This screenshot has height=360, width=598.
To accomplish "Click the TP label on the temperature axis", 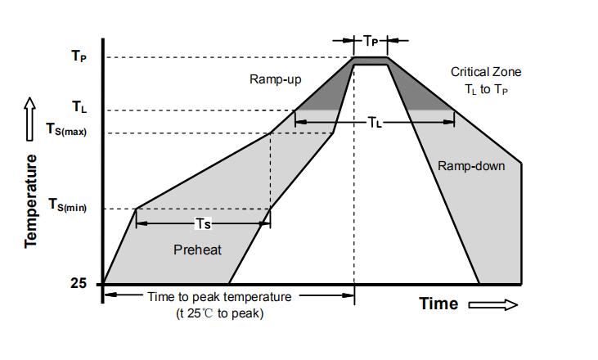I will coord(79,57).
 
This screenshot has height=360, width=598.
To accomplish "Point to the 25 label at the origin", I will coord(78,284).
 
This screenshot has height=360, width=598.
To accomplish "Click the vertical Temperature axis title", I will coord(31,200).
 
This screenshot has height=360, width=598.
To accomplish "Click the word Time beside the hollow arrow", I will coord(438,304).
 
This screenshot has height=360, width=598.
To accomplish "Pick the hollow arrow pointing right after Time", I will coord(494,304).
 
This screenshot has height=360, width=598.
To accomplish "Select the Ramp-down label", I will coord(471,166).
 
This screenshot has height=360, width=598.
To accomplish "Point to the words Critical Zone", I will coord(486,72).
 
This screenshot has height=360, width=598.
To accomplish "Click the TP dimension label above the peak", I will coord(371,39).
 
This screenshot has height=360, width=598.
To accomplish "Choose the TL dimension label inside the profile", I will coord(374,123).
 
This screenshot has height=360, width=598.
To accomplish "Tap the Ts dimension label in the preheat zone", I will coord(203,223).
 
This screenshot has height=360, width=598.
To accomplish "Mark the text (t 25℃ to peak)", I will coord(220,313).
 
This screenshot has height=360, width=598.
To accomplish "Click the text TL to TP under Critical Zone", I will coord(486,89).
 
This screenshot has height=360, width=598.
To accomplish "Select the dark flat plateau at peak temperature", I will coord(371,61).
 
